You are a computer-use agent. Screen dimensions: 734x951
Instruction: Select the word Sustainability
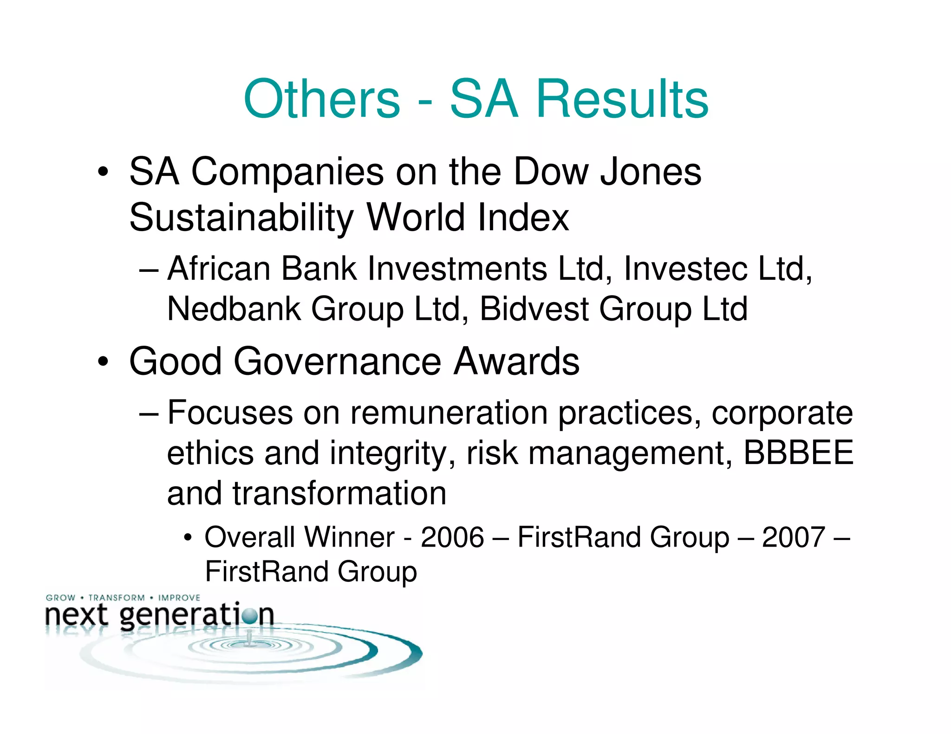click(241, 217)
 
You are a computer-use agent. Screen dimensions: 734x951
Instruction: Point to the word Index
click(523, 217)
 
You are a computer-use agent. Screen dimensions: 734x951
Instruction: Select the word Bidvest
click(534, 309)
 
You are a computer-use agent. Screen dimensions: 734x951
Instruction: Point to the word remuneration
click(449, 412)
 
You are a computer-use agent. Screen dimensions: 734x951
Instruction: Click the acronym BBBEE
click(798, 452)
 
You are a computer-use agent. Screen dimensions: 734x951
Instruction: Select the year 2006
click(452, 537)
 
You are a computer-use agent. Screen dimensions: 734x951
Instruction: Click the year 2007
click(793, 537)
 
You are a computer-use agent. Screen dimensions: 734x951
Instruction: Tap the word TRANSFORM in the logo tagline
click(117, 598)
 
